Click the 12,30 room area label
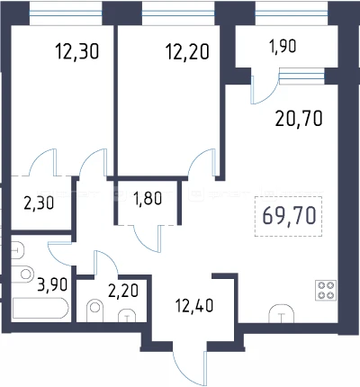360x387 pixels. click(77, 51)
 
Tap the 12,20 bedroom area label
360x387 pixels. click(187, 51)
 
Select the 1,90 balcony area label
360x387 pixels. click(283, 47)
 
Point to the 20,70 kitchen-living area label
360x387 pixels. click(299, 118)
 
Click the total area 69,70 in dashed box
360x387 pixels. click(289, 216)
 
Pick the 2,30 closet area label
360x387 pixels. click(39, 203)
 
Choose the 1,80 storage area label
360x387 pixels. click(148, 199)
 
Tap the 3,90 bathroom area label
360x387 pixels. click(52, 284)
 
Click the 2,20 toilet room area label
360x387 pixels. click(123, 291)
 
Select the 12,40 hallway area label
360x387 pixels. click(194, 306)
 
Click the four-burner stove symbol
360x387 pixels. click(326, 290)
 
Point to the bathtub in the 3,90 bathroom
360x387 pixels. click(40, 308)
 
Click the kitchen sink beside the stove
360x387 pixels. click(281, 314)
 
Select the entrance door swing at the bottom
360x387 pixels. click(190, 368)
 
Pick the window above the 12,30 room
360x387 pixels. click(66, 13)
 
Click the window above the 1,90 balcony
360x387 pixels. click(291, 13)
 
